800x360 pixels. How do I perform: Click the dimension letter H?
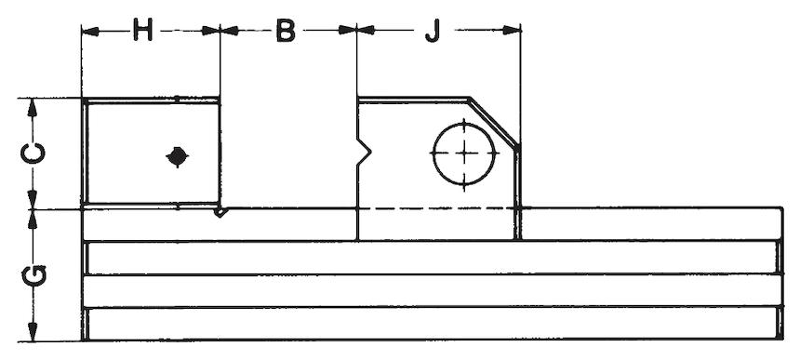(x=142, y=30)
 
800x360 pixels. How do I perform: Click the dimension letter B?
(x=286, y=30)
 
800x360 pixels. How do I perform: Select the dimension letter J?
(x=433, y=31)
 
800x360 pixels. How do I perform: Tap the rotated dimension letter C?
(x=33, y=153)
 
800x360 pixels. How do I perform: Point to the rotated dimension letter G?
(x=34, y=274)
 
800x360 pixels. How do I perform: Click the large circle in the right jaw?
(x=464, y=153)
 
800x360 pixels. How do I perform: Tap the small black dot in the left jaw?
(x=177, y=156)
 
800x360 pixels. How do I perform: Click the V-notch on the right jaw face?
(x=364, y=152)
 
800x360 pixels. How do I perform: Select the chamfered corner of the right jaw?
(x=494, y=123)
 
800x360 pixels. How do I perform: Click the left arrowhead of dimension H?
(x=90, y=31)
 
